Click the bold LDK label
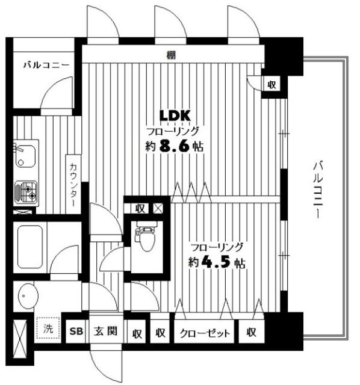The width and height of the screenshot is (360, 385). click(x=175, y=115)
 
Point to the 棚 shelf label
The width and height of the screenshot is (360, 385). click(x=171, y=56)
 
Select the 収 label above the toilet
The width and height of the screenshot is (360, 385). click(x=140, y=209)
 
